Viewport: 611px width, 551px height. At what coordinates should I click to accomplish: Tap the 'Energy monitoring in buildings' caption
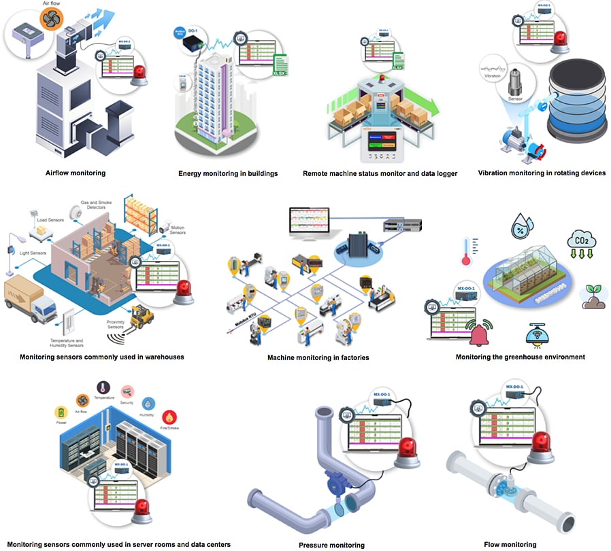point(228,173)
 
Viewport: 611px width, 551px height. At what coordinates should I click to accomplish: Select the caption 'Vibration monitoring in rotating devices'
point(542,173)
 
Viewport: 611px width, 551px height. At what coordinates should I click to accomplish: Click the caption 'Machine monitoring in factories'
point(318,357)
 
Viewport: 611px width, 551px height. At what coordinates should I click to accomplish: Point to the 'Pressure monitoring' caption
point(331,545)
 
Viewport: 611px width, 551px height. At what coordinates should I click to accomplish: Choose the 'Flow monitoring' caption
point(510,544)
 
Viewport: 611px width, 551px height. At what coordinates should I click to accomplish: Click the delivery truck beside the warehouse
point(30,300)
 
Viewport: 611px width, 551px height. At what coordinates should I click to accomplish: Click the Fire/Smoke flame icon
point(169,416)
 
